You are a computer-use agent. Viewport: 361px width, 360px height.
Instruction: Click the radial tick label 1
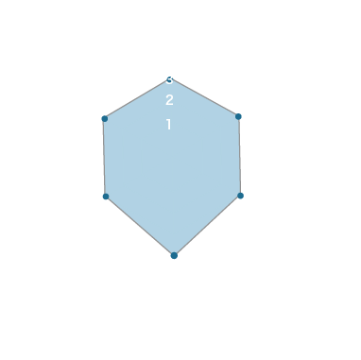tap(169, 125)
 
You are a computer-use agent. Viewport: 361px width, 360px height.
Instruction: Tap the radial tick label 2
tap(169, 101)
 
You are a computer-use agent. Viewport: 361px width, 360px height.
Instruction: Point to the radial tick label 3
tap(169, 80)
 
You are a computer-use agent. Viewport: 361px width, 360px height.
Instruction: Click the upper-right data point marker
tap(238, 116)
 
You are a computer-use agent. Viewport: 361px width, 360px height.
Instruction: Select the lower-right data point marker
tap(240, 196)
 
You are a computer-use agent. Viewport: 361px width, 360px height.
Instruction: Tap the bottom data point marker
tap(174, 255)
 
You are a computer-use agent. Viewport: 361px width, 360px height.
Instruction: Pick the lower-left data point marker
tap(105, 197)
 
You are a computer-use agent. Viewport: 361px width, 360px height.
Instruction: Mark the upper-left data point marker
tap(105, 118)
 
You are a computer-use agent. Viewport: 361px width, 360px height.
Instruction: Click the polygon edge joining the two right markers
tap(239, 156)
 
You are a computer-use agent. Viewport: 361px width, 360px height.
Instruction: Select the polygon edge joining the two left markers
tap(105, 157)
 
